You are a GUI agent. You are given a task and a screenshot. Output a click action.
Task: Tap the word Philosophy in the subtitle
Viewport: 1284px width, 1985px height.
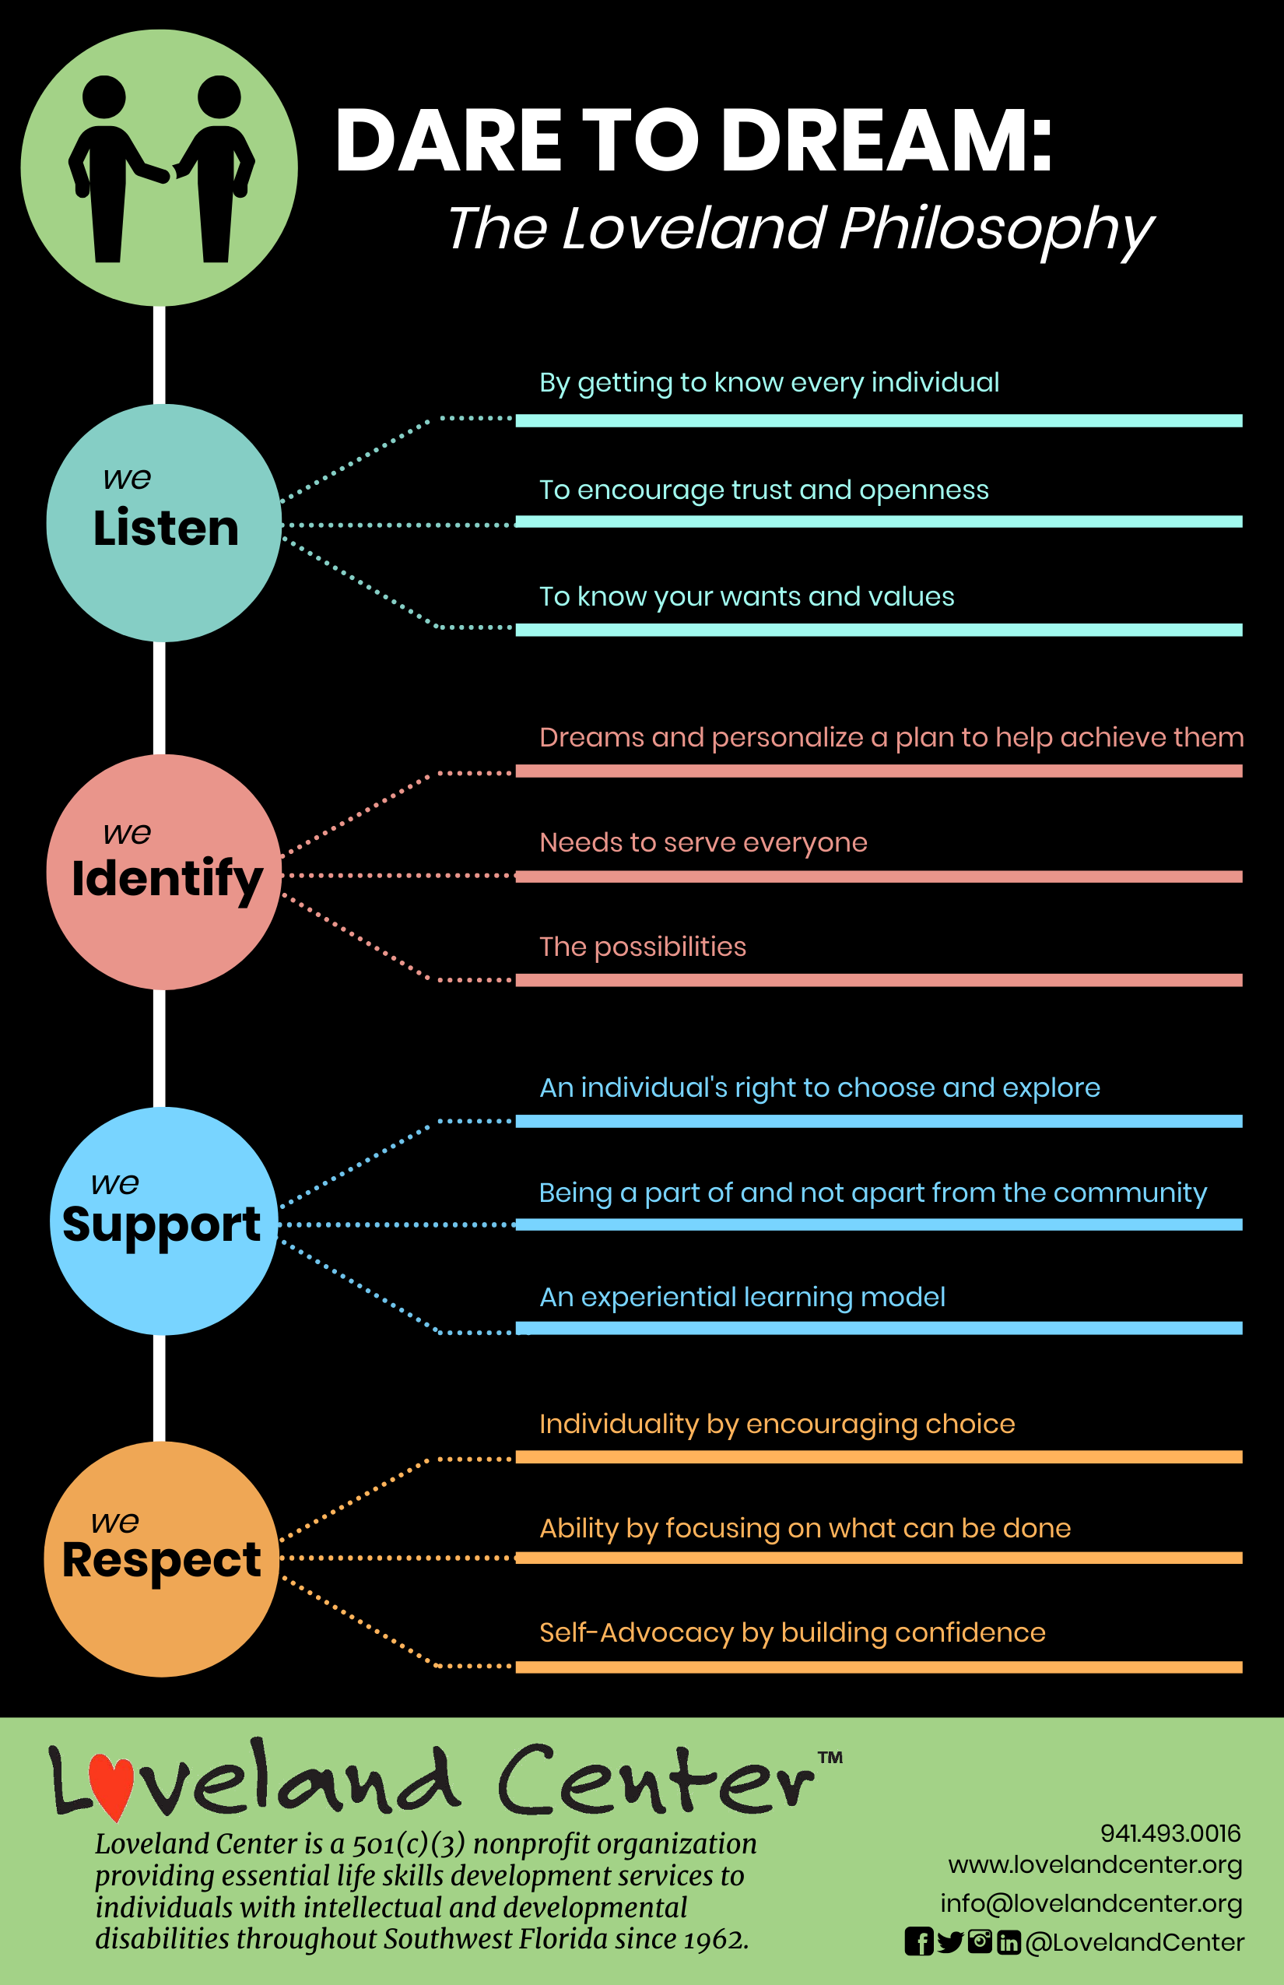997,230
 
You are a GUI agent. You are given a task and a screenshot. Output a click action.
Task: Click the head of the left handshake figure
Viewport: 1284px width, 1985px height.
104,97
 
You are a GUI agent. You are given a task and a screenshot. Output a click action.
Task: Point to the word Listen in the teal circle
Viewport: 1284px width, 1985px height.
166,528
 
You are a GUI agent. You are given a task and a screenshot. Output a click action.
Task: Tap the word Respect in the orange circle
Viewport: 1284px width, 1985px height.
162,1562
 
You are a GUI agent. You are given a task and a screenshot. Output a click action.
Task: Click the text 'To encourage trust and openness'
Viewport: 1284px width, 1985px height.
763,490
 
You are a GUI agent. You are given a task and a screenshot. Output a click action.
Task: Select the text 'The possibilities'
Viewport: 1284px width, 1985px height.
643,947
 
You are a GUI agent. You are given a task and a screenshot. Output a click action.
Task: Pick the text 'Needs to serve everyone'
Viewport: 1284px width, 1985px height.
703,843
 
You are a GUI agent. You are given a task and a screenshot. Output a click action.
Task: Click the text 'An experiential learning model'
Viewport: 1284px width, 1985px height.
742,1298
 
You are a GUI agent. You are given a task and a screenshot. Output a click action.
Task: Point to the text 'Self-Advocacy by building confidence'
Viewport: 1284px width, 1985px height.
792,1632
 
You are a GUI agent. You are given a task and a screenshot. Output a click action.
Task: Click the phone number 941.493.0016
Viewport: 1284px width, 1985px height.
1170,1833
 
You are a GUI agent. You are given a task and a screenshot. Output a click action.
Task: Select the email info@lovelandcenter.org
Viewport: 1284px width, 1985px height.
1091,1904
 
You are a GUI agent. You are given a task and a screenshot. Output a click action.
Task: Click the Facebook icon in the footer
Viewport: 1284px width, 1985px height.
918,1941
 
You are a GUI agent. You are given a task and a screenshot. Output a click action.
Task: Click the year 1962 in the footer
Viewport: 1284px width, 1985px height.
714,1939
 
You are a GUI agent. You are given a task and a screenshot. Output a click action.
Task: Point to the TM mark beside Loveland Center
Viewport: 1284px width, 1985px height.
830,1758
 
